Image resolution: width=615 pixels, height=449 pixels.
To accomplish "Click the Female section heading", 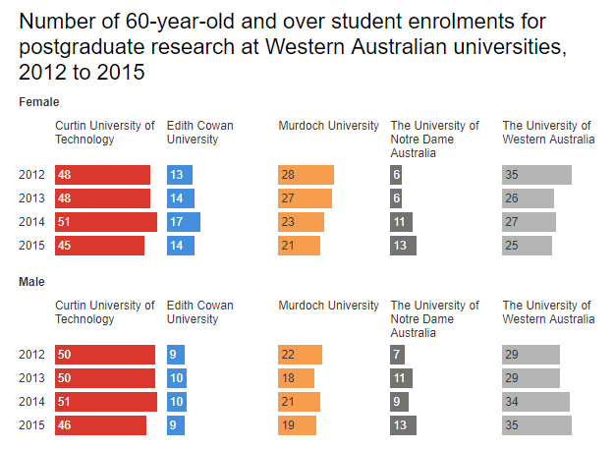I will tap(39, 101).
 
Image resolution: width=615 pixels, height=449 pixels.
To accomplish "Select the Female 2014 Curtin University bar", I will tap(105, 222).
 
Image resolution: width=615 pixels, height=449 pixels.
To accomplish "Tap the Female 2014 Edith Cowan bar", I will tap(183, 222).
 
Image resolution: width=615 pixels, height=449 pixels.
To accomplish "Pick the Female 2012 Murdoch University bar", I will tap(306, 175).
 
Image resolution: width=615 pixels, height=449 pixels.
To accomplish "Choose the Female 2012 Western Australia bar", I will tap(536, 175).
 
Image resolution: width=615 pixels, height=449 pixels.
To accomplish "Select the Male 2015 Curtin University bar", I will tap(100, 425).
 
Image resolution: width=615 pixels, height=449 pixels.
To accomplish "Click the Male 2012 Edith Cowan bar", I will tap(176, 355).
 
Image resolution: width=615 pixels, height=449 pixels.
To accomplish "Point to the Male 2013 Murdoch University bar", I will tap(296, 378).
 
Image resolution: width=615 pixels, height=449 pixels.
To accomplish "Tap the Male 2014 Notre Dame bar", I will tap(399, 402).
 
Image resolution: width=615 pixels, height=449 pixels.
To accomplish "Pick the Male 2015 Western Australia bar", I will tap(536, 425).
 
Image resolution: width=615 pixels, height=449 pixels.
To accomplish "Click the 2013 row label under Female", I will tap(31, 198).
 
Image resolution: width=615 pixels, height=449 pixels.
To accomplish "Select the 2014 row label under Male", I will tap(31, 402).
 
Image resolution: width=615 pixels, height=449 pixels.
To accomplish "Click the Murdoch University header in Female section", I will tap(328, 126).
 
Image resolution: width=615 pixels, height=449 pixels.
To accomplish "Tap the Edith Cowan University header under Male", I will tap(199, 312).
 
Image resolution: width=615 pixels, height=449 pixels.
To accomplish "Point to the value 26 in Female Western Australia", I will tap(512, 198).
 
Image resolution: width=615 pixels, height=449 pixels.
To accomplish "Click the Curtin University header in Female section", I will tap(104, 133).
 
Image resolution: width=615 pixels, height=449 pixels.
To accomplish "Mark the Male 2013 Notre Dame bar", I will tap(401, 378).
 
